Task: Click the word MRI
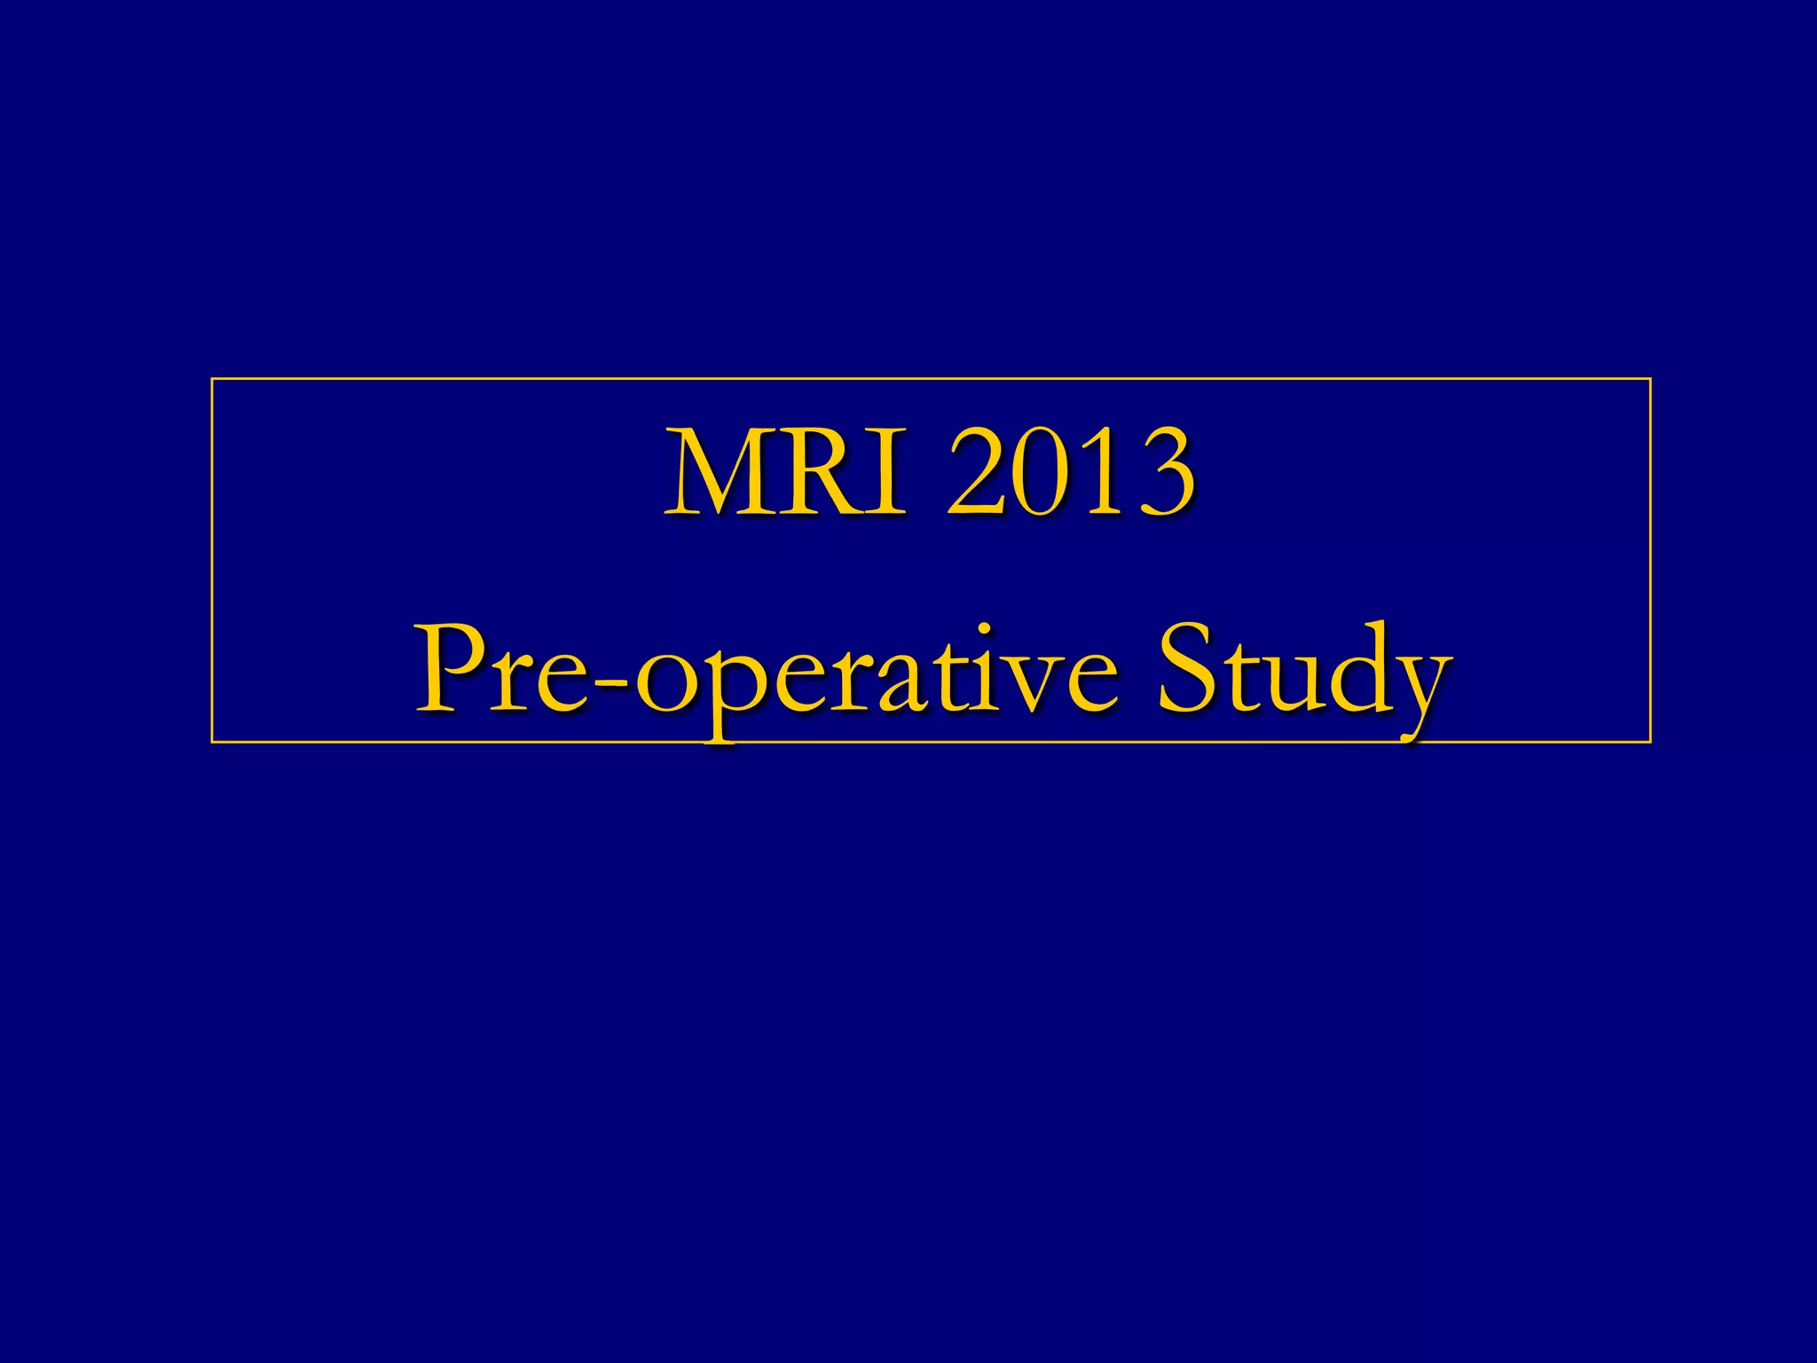(x=786, y=472)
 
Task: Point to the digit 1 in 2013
(x=1098, y=473)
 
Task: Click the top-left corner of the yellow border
(x=212, y=379)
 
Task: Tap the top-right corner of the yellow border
(x=1650, y=379)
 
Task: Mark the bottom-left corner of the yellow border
(x=212, y=741)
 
